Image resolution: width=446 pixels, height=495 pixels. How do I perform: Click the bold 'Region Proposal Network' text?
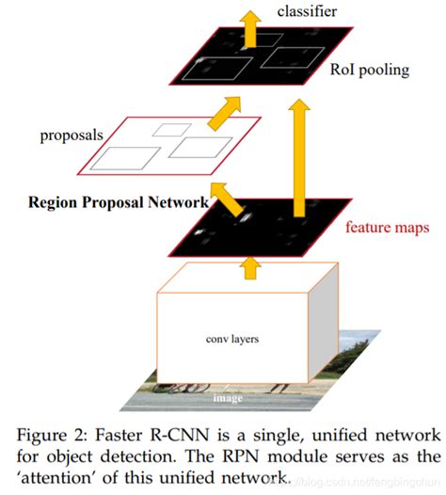[x=119, y=201]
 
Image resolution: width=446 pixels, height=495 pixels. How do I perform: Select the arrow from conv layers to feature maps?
[x=250, y=269]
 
